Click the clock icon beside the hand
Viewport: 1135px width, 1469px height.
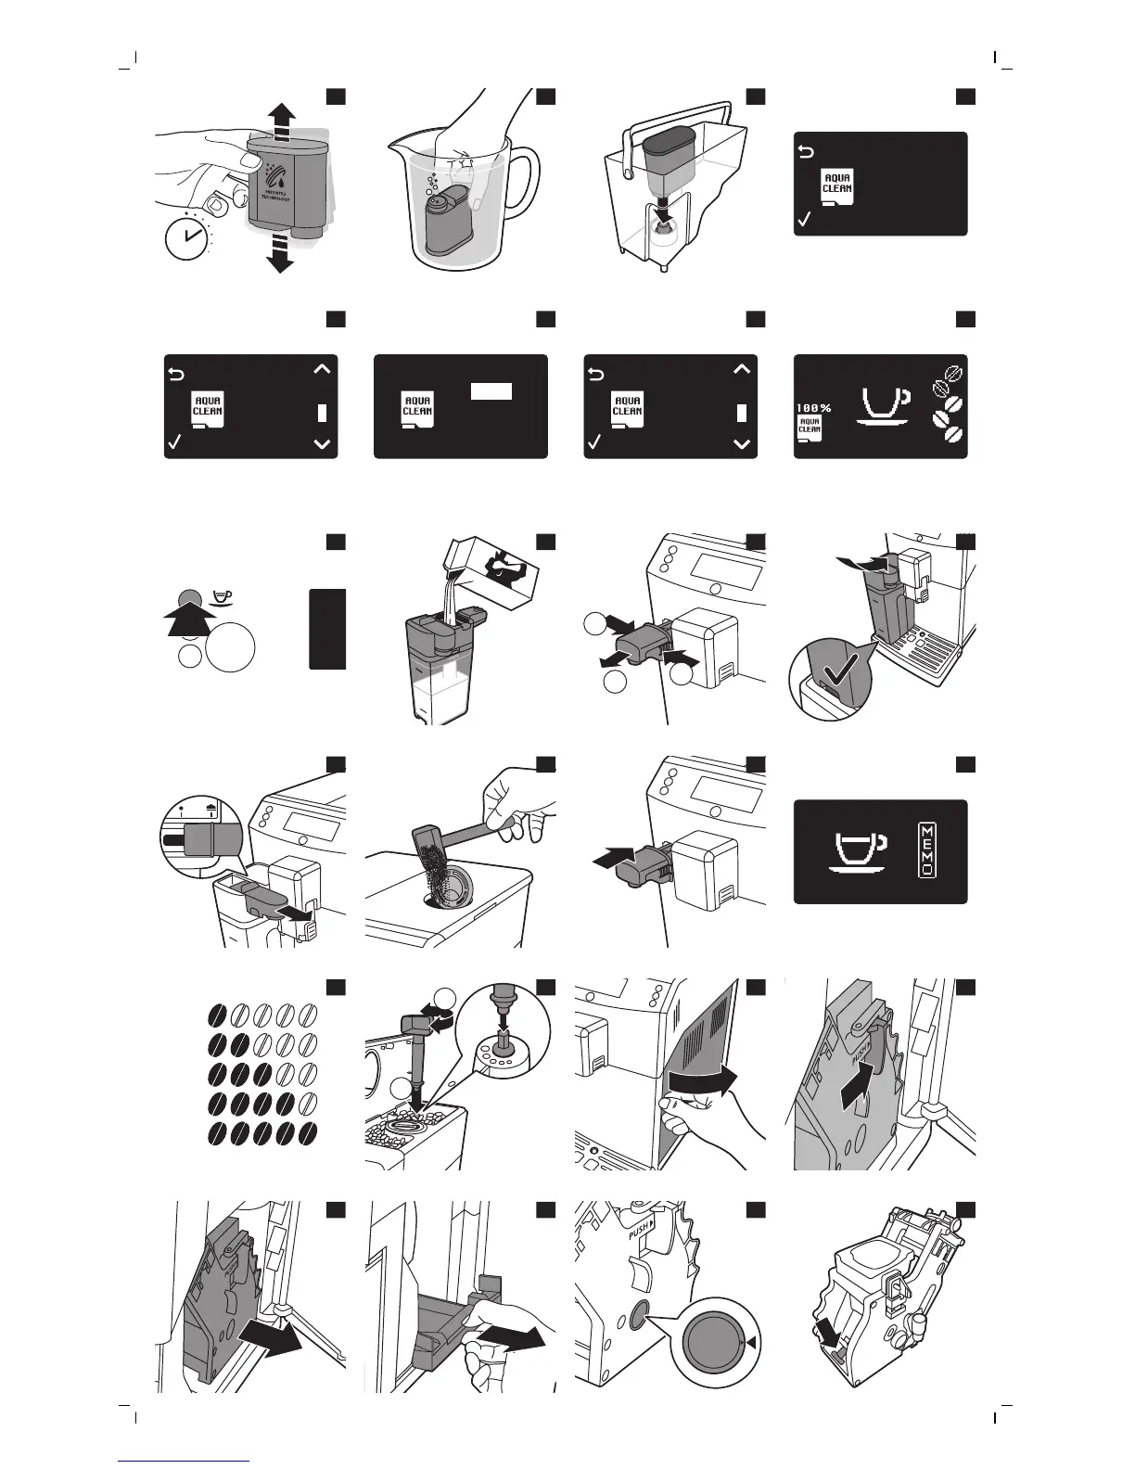(187, 237)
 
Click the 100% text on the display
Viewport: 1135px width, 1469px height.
(812, 408)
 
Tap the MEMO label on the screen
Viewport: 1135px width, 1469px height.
(927, 850)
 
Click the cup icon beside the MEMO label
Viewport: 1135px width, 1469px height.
(857, 851)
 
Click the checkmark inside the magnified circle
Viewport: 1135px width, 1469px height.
(831, 681)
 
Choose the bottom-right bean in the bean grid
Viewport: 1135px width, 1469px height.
(308, 1134)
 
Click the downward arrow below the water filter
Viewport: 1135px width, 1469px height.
(279, 252)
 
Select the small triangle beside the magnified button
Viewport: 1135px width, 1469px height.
(752, 1342)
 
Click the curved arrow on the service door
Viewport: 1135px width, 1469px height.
(707, 1079)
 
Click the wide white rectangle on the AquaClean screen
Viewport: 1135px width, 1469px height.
(491, 391)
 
